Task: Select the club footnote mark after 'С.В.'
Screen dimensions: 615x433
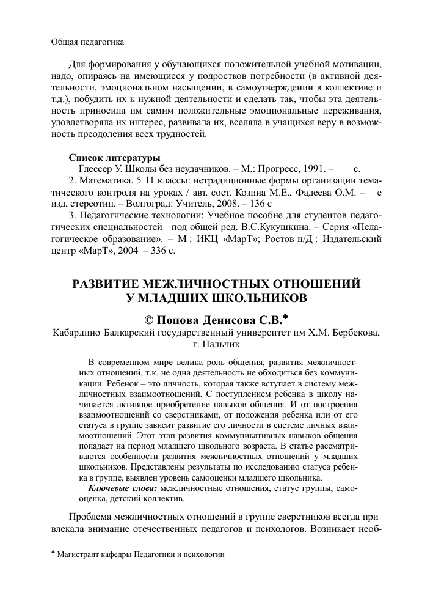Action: pos(285,316)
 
